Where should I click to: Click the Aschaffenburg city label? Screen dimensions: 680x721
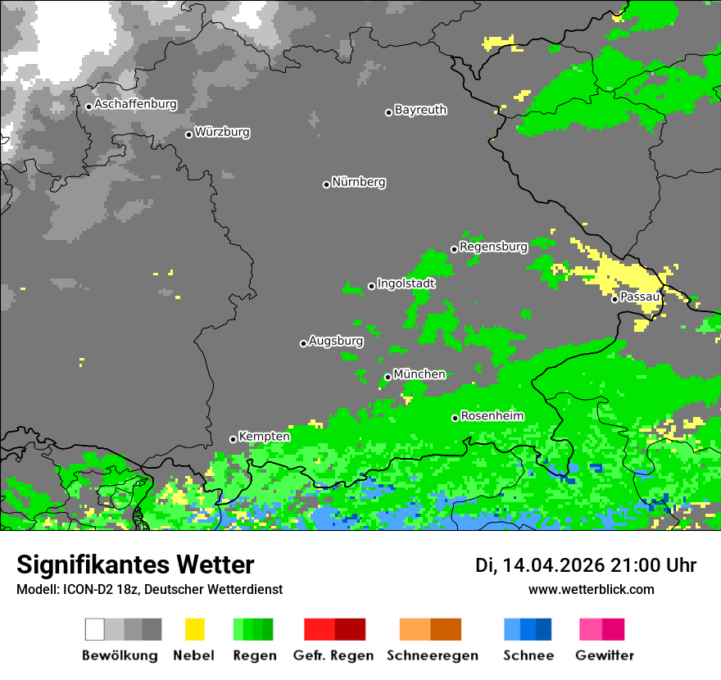click(135, 105)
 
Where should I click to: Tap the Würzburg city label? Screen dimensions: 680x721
click(222, 133)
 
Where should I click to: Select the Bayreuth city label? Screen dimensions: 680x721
click(420, 110)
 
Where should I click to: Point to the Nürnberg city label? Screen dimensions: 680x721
click(359, 183)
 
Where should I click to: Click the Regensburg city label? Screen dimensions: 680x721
click(493, 247)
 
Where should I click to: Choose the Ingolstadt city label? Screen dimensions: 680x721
click(406, 283)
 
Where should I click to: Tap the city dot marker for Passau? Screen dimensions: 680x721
click(614, 299)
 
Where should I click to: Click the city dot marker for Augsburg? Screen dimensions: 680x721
click(303, 343)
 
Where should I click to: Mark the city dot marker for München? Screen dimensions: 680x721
click(388, 377)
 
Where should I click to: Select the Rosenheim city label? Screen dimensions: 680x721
click(492, 416)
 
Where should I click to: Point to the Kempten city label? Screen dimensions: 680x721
click(264, 437)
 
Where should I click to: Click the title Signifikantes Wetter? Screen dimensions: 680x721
click(135, 565)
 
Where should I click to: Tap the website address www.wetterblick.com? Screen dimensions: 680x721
click(591, 590)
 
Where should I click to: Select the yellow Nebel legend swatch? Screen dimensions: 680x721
click(194, 629)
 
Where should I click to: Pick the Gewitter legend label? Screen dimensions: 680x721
click(605, 655)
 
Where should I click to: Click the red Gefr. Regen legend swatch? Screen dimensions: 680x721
click(319, 629)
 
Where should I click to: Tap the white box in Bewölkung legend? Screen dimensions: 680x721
click(94, 629)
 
